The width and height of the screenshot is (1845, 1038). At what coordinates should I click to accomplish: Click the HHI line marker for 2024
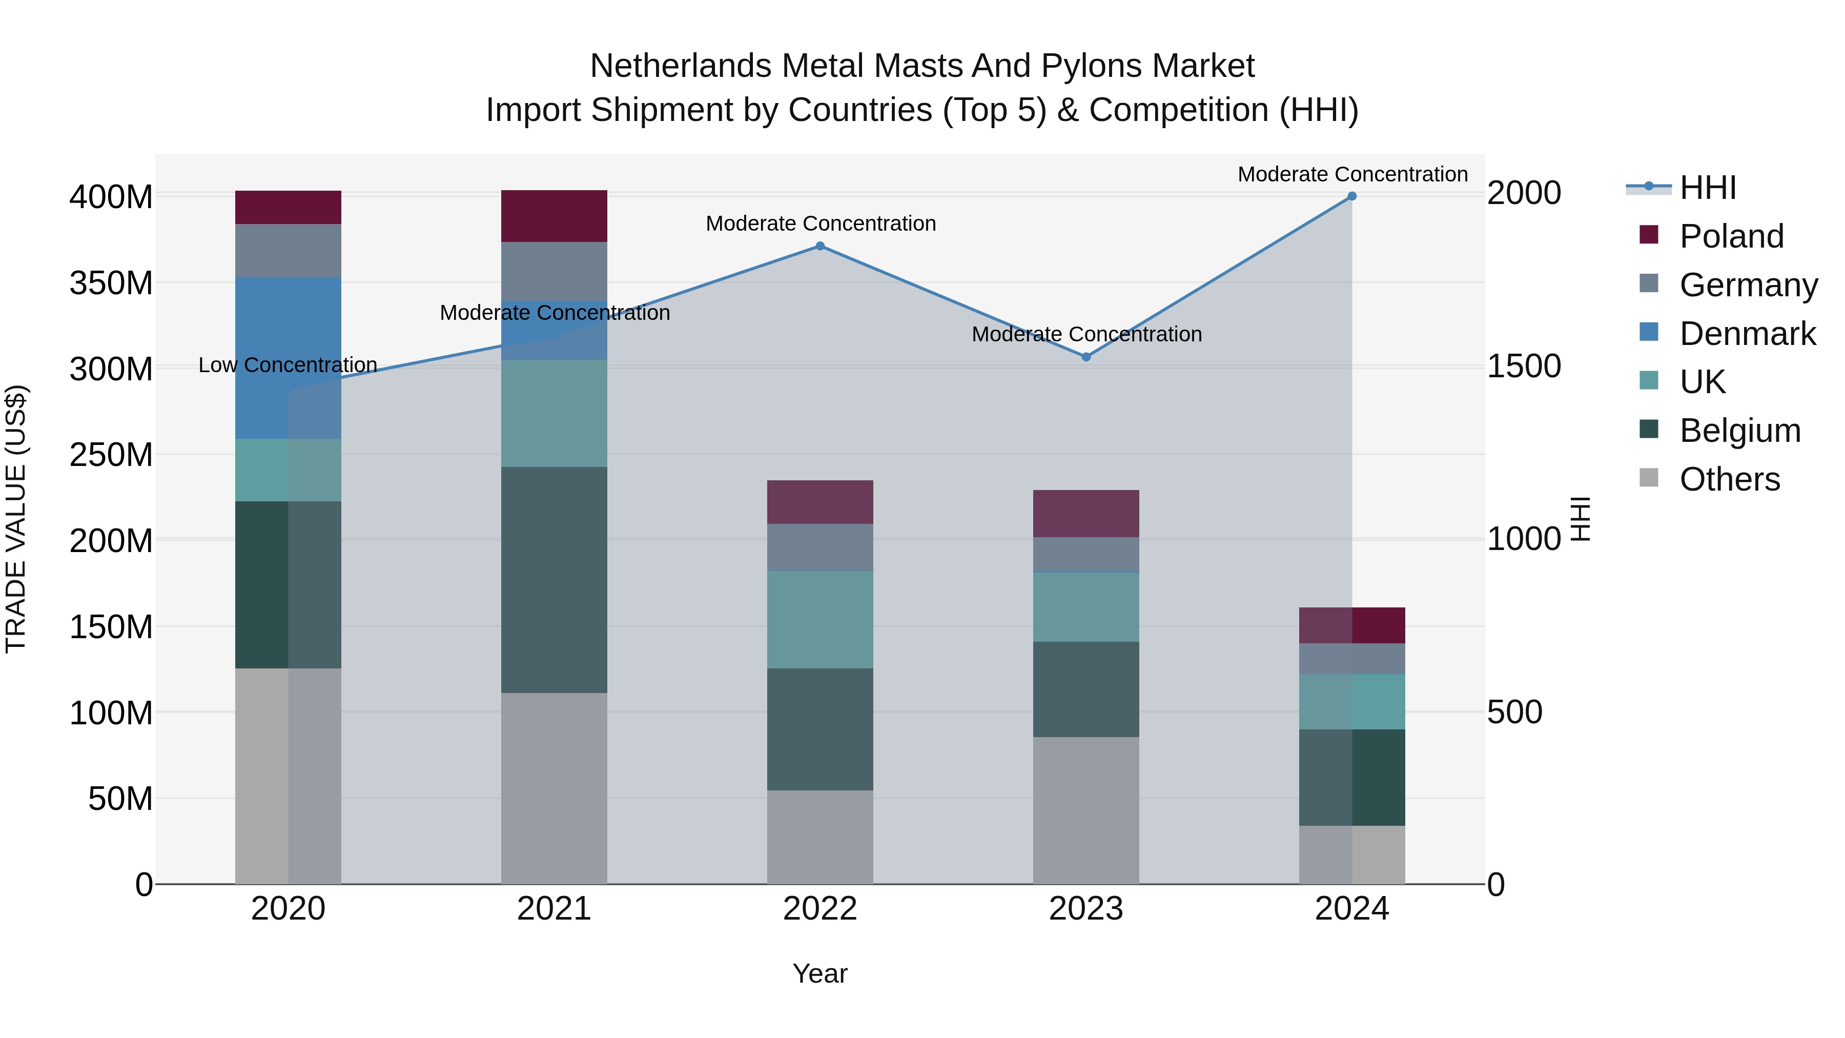click(1351, 196)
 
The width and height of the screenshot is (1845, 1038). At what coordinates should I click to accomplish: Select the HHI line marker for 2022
click(820, 247)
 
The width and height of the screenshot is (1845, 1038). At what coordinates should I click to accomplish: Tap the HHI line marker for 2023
click(1086, 357)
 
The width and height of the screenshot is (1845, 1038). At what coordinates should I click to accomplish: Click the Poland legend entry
click(1731, 236)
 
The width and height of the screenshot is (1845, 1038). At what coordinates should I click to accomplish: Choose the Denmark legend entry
click(1747, 334)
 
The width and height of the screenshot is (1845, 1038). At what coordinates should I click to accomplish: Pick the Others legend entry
click(1729, 479)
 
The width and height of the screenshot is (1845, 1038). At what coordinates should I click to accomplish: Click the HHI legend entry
click(1708, 188)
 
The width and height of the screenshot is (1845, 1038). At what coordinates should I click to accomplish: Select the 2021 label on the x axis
click(553, 909)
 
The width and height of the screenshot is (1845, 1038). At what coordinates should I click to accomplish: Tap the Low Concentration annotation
click(288, 365)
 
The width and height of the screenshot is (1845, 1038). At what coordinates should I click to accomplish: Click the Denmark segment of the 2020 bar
click(288, 358)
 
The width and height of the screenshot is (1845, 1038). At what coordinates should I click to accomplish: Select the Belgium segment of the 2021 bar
click(553, 580)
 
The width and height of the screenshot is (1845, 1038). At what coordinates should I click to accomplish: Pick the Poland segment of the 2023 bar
click(1086, 514)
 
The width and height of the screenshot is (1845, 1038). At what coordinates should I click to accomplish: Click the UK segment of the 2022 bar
click(820, 620)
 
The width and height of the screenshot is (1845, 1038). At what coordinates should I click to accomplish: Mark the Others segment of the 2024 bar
click(1351, 854)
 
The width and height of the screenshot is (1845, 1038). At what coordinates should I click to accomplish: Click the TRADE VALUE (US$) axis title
click(16, 519)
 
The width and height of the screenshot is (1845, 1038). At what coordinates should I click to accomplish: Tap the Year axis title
click(820, 973)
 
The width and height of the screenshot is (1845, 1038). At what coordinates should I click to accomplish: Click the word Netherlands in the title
click(681, 66)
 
